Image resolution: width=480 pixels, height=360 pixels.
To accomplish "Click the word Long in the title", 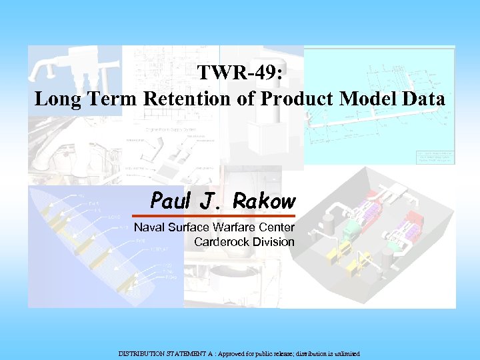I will click(x=56, y=99).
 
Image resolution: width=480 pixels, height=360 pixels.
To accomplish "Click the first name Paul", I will click(x=171, y=199).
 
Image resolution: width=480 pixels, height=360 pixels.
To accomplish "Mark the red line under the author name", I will click(x=213, y=216).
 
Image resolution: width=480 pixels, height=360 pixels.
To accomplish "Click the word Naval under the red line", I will click(x=149, y=228).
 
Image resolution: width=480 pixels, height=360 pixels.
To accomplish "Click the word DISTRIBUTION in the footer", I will click(x=141, y=353).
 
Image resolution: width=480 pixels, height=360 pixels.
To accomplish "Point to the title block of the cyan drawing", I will click(x=434, y=156).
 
